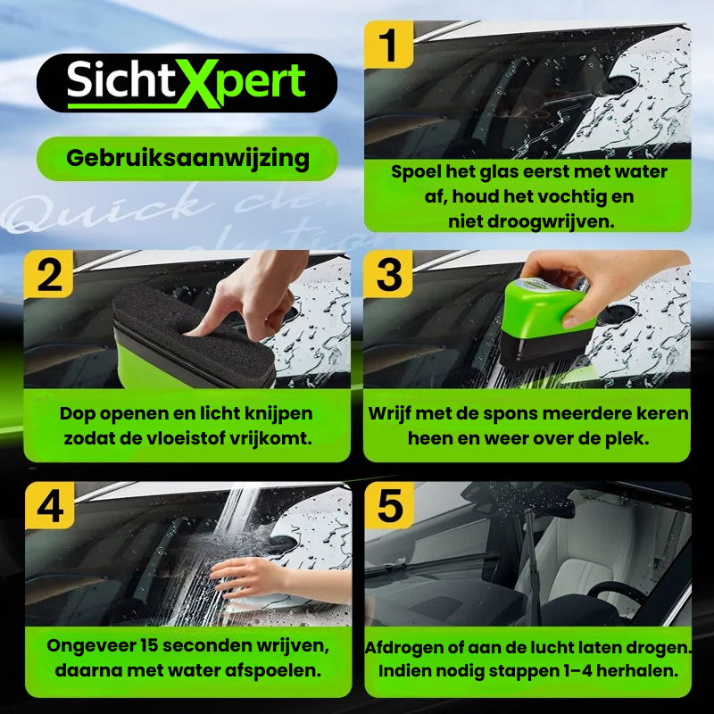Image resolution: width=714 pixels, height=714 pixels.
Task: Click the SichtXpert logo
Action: [187, 82]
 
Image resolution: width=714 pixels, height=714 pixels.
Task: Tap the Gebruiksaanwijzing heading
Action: [187, 159]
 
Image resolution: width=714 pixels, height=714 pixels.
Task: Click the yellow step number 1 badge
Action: [388, 46]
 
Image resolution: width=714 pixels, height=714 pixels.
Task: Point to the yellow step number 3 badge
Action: [388, 275]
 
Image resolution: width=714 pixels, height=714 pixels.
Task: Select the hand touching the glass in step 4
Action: [254, 576]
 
